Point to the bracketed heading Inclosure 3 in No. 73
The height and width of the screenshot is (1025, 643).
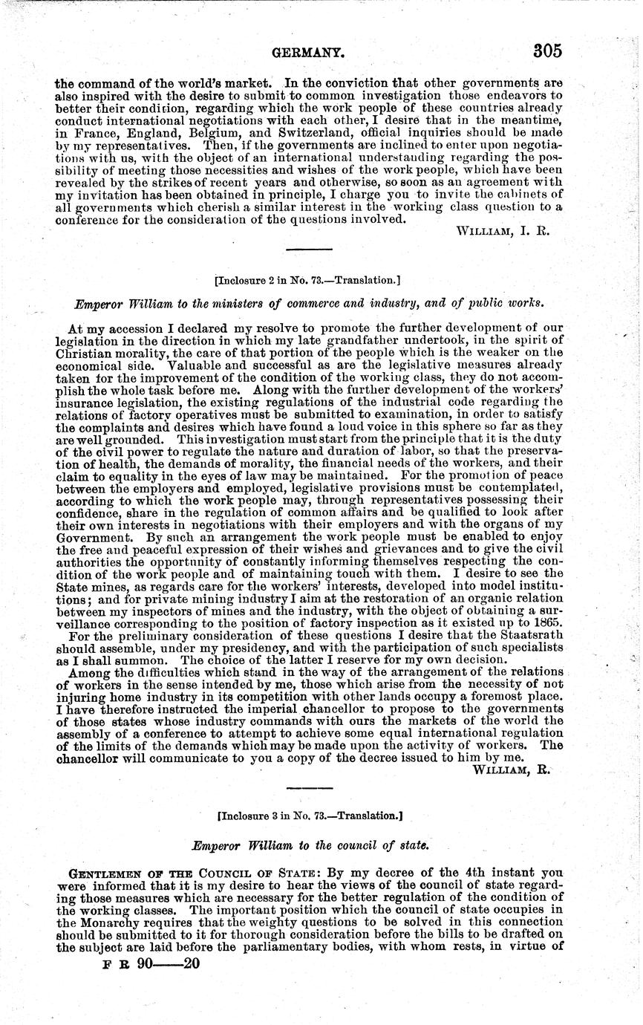310,815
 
